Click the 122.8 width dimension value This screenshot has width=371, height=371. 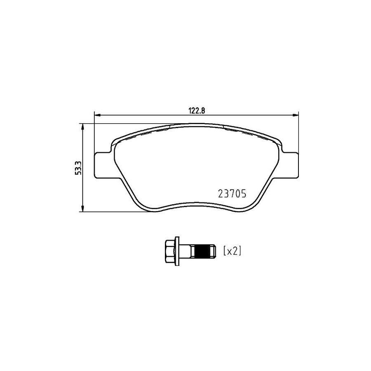pyautogui.click(x=196, y=110)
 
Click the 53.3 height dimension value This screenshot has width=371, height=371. pyautogui.click(x=77, y=168)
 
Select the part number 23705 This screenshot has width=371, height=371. pyautogui.click(x=231, y=193)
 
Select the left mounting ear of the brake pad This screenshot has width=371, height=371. pyautogui.click(x=102, y=165)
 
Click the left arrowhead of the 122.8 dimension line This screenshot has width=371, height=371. pyautogui.click(x=98, y=115)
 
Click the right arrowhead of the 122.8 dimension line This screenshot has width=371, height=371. pyautogui.click(x=295, y=115)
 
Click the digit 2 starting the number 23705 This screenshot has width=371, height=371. pyautogui.click(x=220, y=193)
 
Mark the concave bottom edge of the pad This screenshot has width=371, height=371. pyautogui.click(x=196, y=202)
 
